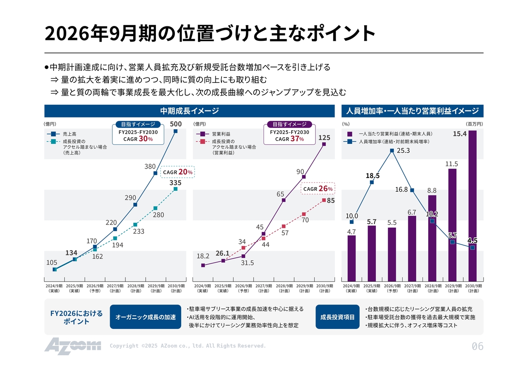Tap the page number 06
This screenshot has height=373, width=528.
click(x=477, y=347)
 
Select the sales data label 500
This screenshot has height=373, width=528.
click(x=176, y=124)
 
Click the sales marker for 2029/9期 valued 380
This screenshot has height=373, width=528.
click(x=156, y=173)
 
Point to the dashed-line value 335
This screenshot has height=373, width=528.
click(x=176, y=183)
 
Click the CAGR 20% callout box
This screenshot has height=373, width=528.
click(x=177, y=172)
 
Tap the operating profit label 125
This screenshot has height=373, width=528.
click(x=324, y=137)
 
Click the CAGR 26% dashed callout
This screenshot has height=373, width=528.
click(x=317, y=188)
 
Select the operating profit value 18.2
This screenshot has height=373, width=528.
click(x=203, y=256)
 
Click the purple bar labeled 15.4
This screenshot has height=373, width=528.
click(x=472, y=206)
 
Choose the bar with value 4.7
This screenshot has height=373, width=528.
click(x=351, y=258)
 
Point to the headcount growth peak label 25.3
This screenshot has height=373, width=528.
click(x=403, y=151)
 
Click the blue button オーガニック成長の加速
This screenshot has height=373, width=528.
click(x=145, y=317)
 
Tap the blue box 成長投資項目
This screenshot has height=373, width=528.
click(x=337, y=317)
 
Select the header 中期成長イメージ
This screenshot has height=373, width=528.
click(x=189, y=111)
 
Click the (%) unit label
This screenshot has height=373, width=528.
click(x=346, y=124)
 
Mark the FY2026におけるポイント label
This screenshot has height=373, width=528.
click(x=76, y=317)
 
